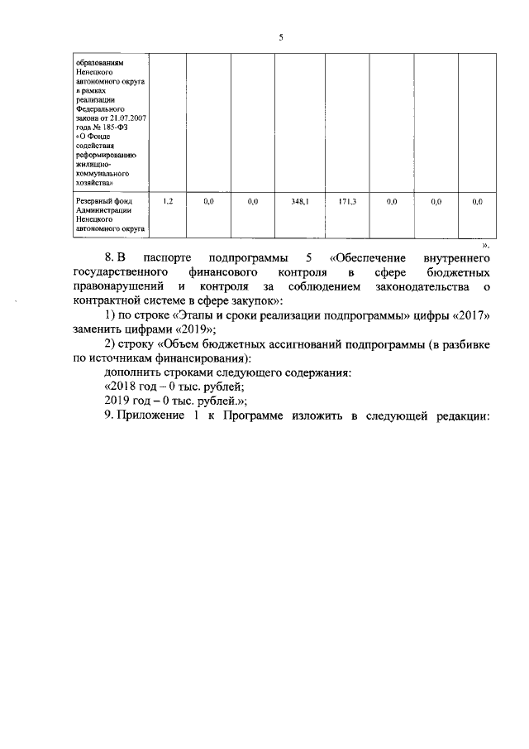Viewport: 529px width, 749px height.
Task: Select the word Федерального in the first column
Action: pos(99,108)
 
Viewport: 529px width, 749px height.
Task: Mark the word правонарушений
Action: pos(112,286)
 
